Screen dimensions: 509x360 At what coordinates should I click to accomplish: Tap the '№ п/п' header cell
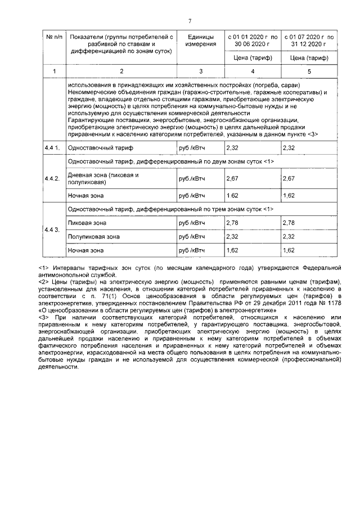pyautogui.click(x=54, y=37)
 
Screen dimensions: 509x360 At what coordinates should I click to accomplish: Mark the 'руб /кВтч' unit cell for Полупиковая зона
pyautogui.click(x=191, y=237)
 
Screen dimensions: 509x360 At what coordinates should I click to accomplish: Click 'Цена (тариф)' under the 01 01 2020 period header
pyautogui.click(x=251, y=57)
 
